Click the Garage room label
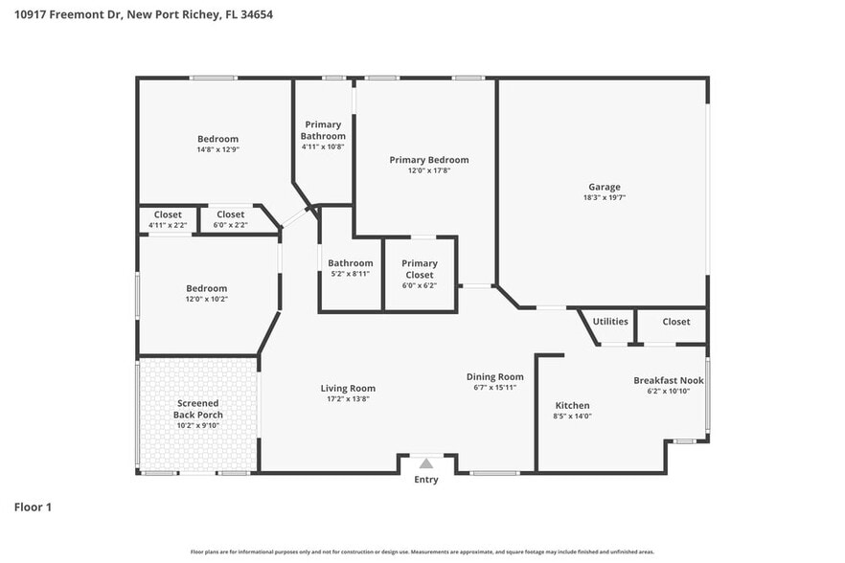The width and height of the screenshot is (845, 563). [604, 187]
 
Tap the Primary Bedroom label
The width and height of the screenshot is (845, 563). [428, 160]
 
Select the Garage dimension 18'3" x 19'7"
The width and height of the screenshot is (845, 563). [604, 198]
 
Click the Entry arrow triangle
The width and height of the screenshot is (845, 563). [426, 463]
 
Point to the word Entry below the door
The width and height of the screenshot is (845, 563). [426, 480]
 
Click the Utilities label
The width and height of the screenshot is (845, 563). [610, 322]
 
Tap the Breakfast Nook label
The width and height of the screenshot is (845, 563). [668, 380]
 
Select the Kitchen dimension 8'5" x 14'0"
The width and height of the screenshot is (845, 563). [572, 417]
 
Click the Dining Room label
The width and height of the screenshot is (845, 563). [494, 376]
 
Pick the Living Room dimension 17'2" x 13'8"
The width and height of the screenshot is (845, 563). [348, 399]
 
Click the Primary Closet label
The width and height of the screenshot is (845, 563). [419, 269]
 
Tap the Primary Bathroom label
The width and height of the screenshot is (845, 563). [323, 130]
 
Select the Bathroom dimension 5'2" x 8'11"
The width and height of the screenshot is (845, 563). [350, 274]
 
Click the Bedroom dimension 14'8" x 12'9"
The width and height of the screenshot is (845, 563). [217, 150]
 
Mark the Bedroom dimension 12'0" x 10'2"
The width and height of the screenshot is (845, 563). [206, 299]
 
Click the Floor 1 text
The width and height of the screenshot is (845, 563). [33, 507]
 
